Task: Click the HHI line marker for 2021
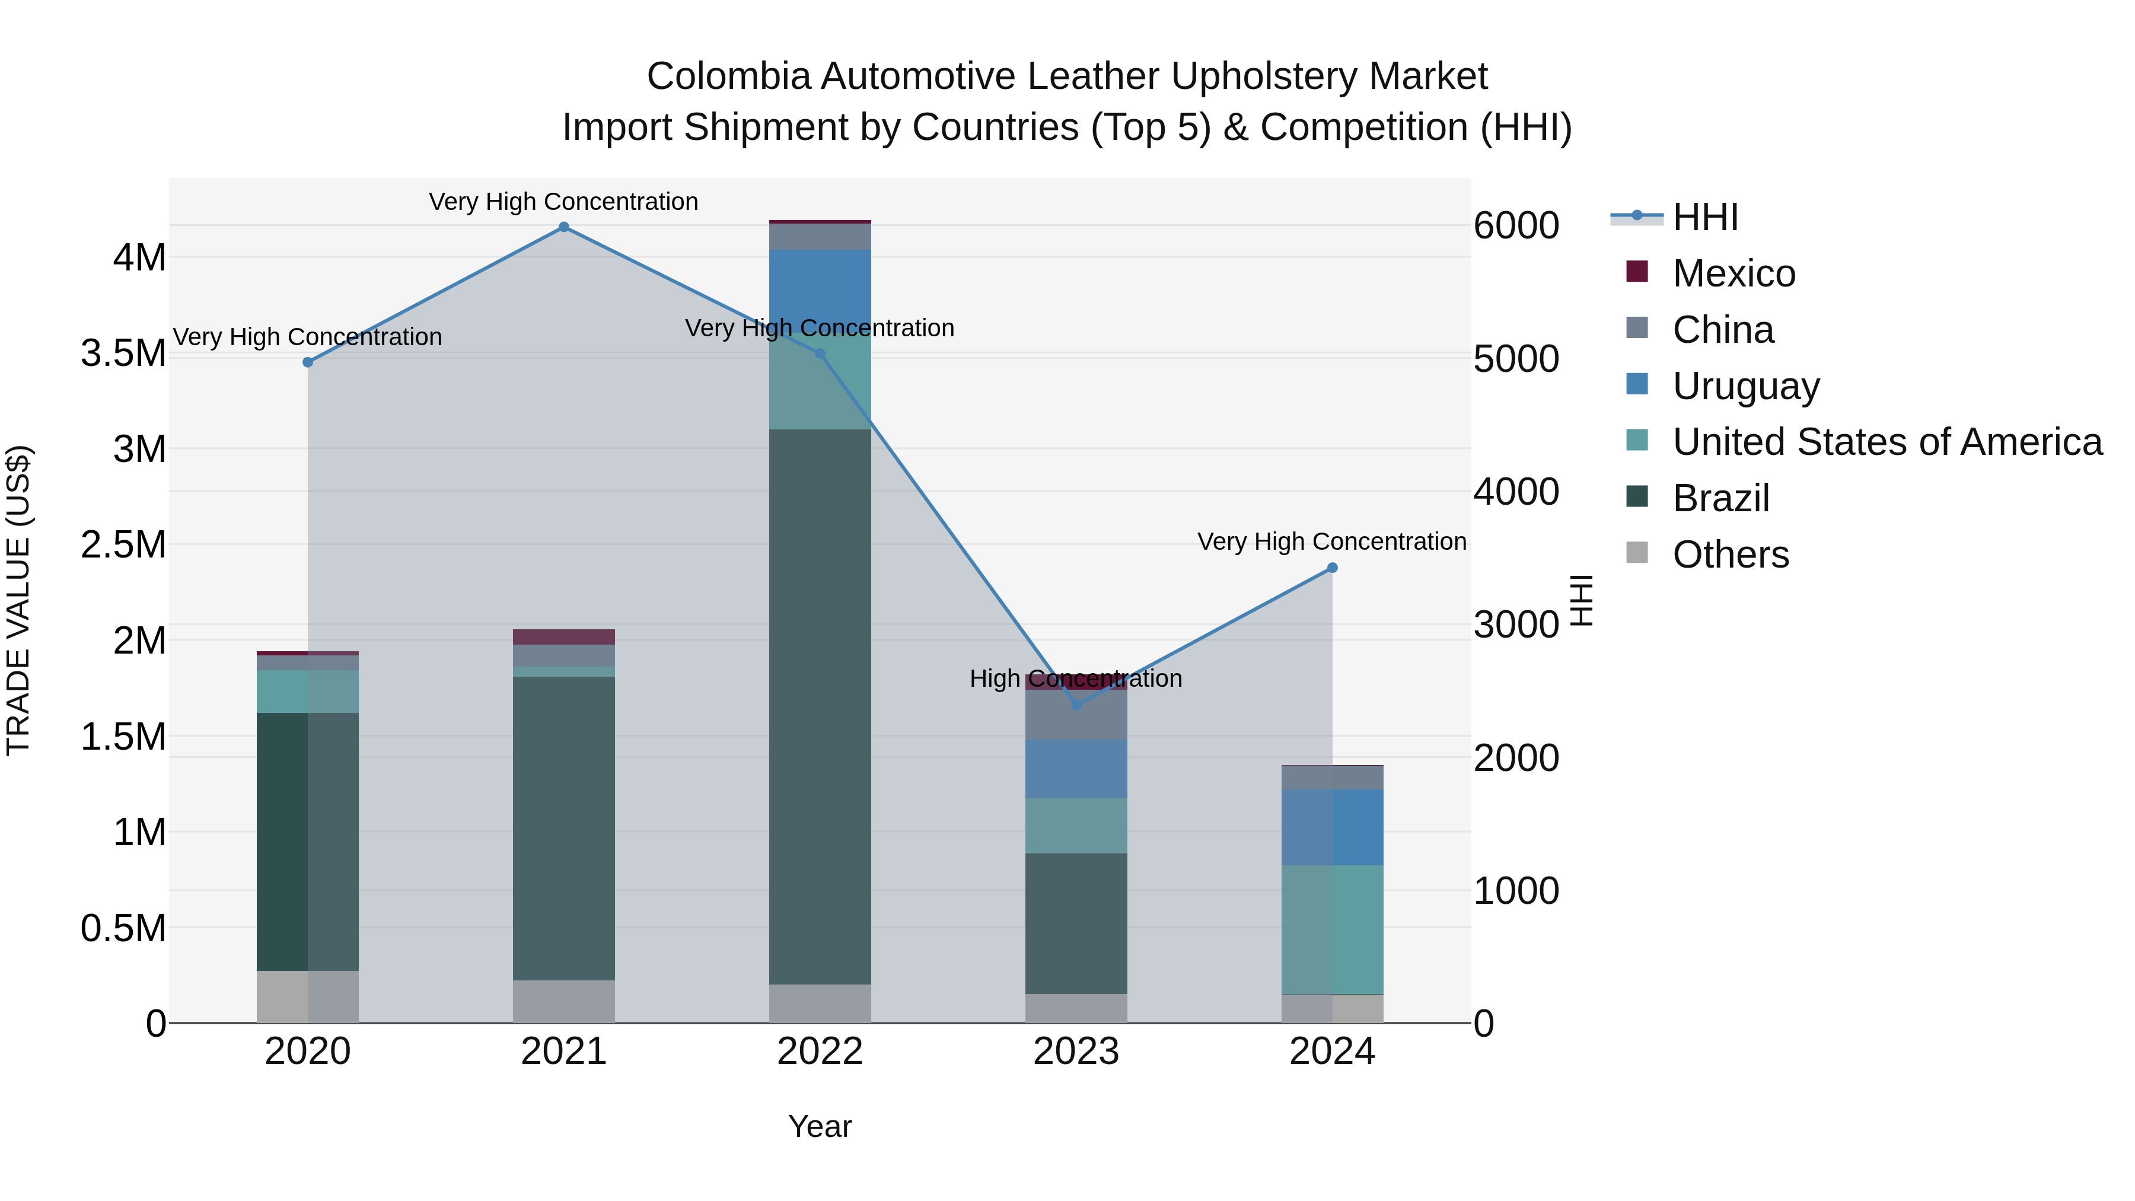563,227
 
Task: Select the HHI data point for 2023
1076,705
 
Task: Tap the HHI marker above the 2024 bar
1332,568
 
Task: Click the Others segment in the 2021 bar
563,1001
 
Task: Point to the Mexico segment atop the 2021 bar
563,636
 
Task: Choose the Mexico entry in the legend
1732,273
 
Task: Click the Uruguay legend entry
1745,386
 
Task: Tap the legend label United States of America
1887,442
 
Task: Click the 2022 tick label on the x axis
820,1052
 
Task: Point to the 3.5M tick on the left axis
123,353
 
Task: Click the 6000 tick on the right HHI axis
1516,225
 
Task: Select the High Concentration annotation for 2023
1076,679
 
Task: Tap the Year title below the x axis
820,1126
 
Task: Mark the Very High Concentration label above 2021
563,202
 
